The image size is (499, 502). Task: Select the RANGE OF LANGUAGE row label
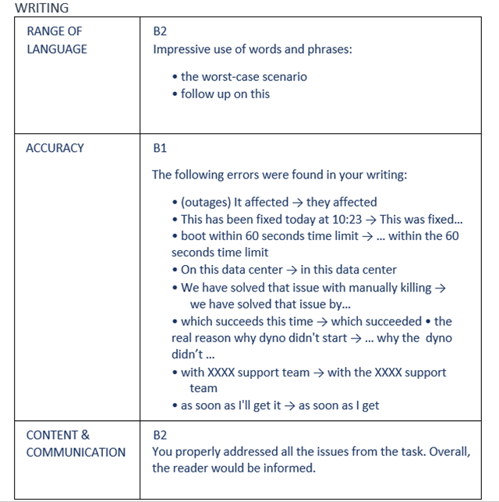click(x=56, y=40)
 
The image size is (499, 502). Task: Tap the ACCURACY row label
click(x=55, y=148)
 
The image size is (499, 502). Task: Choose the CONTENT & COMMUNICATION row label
click(x=75, y=444)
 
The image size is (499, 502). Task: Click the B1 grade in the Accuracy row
click(x=160, y=148)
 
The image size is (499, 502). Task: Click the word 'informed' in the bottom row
click(x=289, y=468)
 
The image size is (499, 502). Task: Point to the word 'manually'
click(x=363, y=287)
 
